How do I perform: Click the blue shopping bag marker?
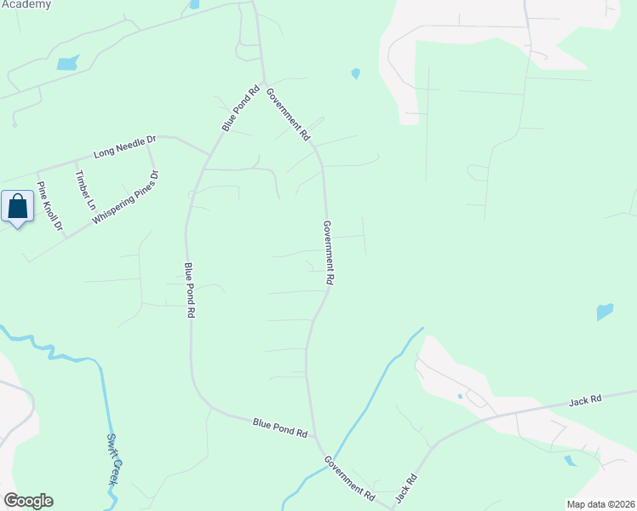point(18,207)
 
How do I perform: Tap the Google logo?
point(28,501)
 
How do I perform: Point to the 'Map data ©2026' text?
point(600,504)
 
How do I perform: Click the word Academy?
point(26,4)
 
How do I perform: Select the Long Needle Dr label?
point(125,146)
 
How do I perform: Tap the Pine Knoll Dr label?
point(49,204)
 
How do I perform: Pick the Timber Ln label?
point(85,190)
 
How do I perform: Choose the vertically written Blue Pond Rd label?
point(189,290)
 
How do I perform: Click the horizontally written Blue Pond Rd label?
point(279,427)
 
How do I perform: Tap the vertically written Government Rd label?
point(328,252)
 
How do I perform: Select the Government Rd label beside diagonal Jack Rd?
point(350,478)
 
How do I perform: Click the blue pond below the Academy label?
point(66,62)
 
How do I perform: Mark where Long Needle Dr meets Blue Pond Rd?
point(209,153)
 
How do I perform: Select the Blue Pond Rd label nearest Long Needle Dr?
point(241,108)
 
